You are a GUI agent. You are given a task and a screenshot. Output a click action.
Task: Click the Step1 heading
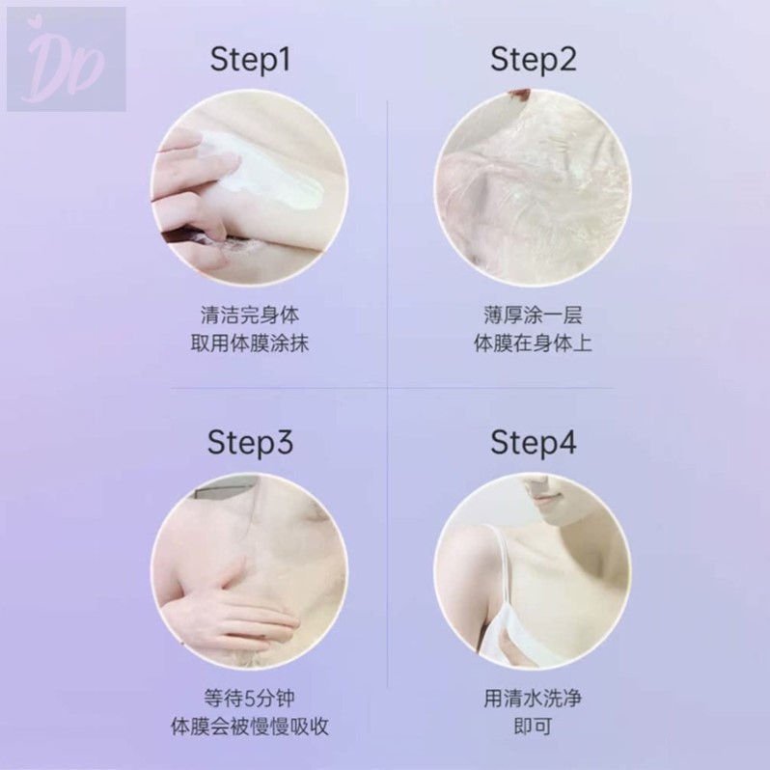pos(250,62)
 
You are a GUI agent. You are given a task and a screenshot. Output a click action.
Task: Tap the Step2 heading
pos(534,62)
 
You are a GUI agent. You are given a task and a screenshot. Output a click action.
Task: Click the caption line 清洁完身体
pos(251,316)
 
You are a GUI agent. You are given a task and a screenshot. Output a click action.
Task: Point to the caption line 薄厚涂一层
pos(534,316)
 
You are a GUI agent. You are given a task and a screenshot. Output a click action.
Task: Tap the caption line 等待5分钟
pos(251,698)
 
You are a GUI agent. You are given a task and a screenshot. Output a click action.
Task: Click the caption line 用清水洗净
pos(534,698)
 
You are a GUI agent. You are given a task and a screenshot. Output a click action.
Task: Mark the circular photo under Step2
pos(534,186)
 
